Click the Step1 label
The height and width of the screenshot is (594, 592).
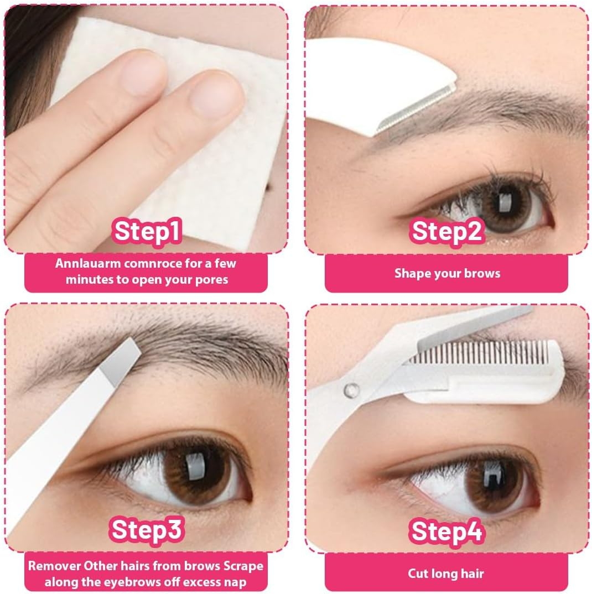(147, 232)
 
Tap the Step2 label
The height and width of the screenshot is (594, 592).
(447, 231)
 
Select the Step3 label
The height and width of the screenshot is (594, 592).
(147, 530)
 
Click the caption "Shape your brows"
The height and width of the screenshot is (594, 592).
(447, 273)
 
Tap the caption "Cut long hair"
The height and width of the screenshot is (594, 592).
(446, 573)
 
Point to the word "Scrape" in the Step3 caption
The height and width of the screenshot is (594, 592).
(240, 566)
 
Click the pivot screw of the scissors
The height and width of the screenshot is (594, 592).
(351, 390)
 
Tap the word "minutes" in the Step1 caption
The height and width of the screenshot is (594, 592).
(91, 279)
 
